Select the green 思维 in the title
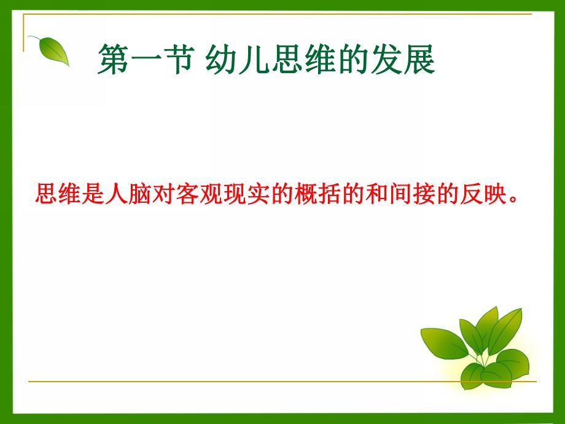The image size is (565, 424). coord(303,61)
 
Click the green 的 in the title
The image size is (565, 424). coord(353,61)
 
